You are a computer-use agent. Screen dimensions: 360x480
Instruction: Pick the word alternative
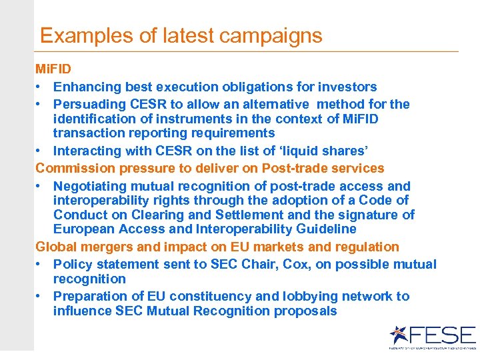271,104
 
